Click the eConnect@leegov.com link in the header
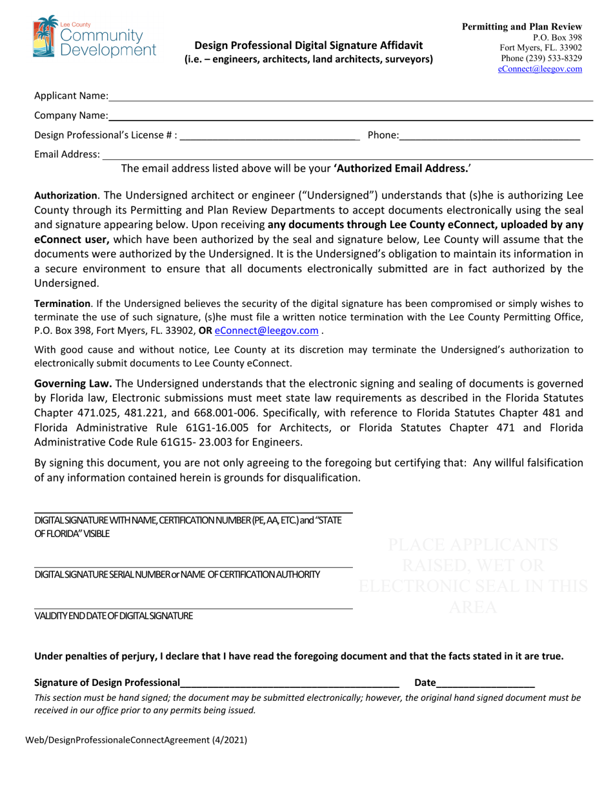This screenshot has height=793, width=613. [x=540, y=69]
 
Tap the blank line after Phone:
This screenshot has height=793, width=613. [x=490, y=137]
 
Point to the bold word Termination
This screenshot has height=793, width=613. [x=62, y=303]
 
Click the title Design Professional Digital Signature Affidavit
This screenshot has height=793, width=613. [x=308, y=45]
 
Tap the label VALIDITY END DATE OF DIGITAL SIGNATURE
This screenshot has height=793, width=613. [x=114, y=616]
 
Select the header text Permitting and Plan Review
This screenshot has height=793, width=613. [x=522, y=26]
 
